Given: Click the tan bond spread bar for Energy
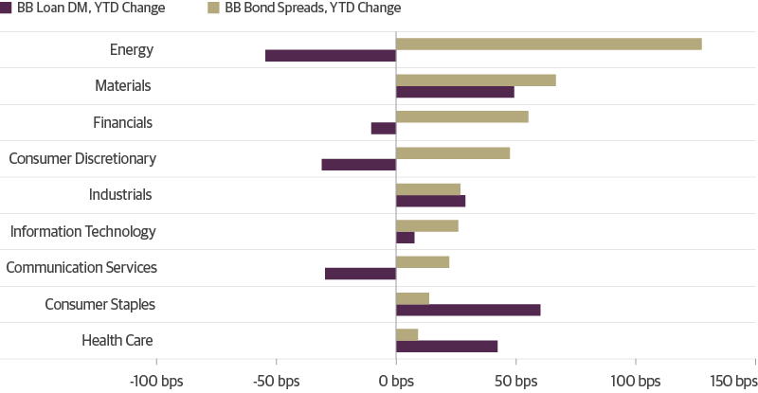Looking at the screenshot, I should [549, 44].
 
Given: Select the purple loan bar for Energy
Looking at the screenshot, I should [331, 56].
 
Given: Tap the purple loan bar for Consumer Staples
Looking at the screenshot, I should [468, 311].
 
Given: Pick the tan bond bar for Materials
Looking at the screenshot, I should [476, 80].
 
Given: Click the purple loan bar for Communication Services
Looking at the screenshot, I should [360, 274].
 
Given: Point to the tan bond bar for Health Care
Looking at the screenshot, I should [407, 334].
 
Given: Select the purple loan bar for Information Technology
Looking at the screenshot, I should [406, 238].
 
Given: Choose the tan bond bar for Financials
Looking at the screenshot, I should [462, 116].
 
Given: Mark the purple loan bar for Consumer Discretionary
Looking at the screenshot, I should [358, 165].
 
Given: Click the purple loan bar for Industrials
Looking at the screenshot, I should [431, 201].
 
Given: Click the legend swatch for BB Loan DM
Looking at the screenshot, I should [7, 9].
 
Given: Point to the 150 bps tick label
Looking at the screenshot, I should [732, 381].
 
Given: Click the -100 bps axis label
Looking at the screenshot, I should [156, 381].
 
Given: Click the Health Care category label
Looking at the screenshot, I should [117, 341].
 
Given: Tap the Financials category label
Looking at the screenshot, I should [122, 122].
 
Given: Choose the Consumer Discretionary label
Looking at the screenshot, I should [81, 159].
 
